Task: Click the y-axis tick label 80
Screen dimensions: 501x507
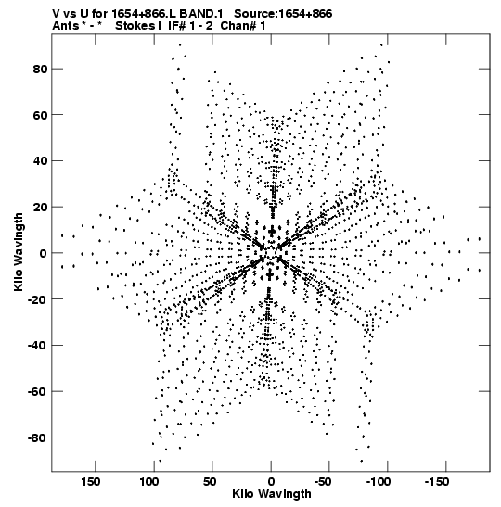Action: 40,70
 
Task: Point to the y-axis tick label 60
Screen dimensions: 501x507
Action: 40,115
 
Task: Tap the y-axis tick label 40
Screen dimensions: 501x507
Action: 40,161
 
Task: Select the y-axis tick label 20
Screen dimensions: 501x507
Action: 40,208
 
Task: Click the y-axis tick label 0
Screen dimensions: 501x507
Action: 44,254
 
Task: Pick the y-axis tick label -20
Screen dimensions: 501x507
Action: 37,299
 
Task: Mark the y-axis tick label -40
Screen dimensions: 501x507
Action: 37,346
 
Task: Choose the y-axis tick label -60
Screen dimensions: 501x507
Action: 37,391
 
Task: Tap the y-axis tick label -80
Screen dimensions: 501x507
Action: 37,437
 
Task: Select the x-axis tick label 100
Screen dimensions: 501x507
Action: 149,482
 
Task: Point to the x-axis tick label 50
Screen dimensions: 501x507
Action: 210,482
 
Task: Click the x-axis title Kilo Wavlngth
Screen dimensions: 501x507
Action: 272,494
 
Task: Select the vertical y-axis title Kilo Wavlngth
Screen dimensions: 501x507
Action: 19,252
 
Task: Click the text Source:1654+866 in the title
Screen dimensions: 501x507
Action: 283,14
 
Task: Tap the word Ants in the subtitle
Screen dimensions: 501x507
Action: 65,26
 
